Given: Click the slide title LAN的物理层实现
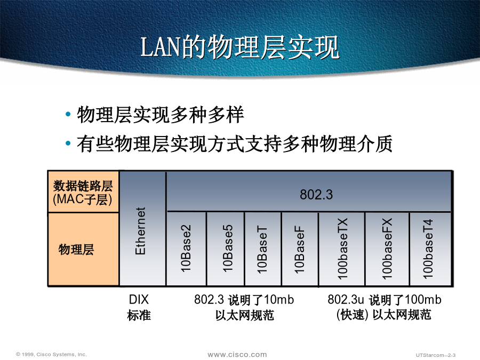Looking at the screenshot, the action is [x=239, y=47].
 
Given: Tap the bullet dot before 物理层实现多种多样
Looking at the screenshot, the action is [x=68, y=115].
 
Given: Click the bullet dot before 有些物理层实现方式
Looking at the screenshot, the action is [x=68, y=143].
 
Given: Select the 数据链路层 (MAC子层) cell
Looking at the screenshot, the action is [x=83, y=192].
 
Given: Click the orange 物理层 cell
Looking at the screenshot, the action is [x=83, y=250].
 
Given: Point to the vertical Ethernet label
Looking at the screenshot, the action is [x=140, y=231].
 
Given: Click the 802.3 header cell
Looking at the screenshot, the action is [x=309, y=191].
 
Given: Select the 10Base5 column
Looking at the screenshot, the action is [x=226, y=249].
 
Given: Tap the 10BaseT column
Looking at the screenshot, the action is [x=263, y=249].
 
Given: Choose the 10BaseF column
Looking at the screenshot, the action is [x=300, y=249].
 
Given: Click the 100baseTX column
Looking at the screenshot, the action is [x=342, y=249].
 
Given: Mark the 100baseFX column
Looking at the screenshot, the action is [x=387, y=249].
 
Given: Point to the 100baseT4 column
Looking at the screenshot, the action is [x=430, y=249].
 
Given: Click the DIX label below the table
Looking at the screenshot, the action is [x=139, y=299].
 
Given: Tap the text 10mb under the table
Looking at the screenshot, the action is [x=278, y=299].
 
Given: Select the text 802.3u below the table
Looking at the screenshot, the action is [x=346, y=299].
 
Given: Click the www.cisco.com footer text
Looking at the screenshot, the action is [x=237, y=355].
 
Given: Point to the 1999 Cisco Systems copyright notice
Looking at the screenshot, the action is [x=51, y=354].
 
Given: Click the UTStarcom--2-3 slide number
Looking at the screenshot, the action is [x=436, y=355].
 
